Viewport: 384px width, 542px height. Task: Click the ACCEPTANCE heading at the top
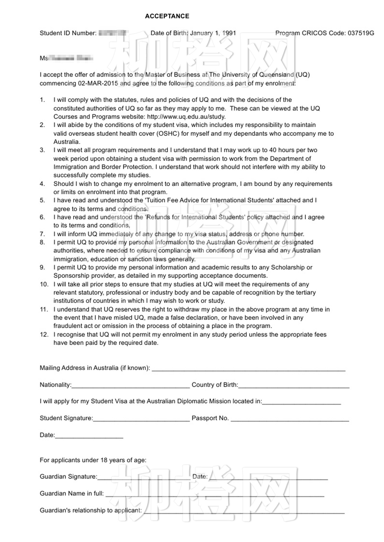[x=167, y=16]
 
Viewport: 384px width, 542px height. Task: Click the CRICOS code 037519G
[x=361, y=33]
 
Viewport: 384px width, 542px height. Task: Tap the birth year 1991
[x=229, y=33]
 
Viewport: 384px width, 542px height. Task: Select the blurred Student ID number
[x=113, y=33]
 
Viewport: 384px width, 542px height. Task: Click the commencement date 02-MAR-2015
[x=98, y=83]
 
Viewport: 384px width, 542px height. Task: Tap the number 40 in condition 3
[x=273, y=150]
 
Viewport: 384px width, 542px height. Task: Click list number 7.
[x=42, y=234]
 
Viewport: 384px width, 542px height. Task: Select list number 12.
[x=44, y=335]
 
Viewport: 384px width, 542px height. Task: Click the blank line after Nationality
[x=131, y=386]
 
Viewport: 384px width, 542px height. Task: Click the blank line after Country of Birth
[x=293, y=386]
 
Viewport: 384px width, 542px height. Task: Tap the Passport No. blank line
[x=290, y=419]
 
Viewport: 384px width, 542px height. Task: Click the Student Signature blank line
[x=141, y=419]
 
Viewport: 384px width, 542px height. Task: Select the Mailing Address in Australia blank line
[x=249, y=369]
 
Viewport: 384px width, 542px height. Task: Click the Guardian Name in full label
[x=72, y=493]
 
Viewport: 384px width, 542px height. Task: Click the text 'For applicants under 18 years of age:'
[x=93, y=460]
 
